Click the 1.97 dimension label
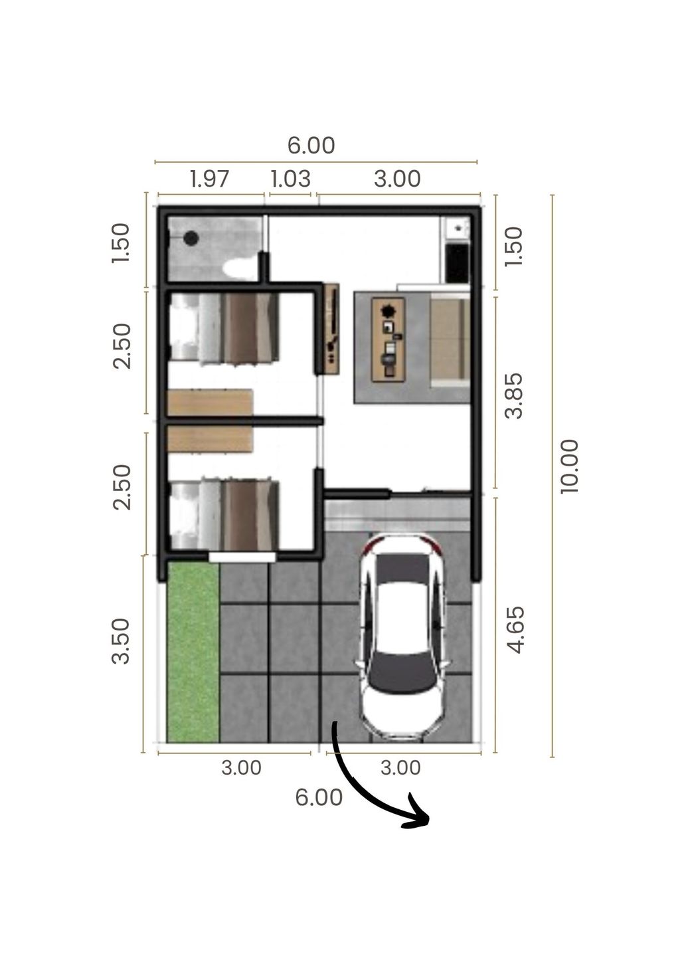209,179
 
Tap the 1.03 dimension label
290,179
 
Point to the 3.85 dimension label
514,396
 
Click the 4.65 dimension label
515,630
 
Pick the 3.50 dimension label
120,641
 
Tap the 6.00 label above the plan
311,145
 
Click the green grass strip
193,652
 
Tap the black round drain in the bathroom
191,238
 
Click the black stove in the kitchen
457,263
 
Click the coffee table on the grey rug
388,339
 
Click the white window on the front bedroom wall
242,557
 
